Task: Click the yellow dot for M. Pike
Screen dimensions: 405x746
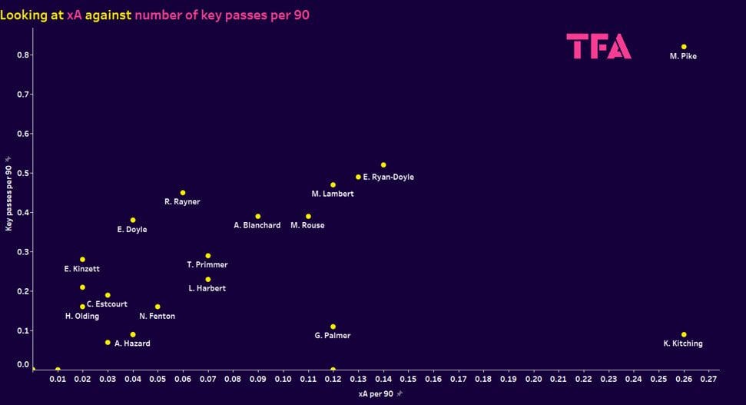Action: tap(684, 47)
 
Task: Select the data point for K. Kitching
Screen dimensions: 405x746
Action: tap(684, 334)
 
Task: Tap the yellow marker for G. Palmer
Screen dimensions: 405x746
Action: tap(333, 327)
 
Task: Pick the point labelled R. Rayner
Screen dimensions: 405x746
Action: tap(183, 193)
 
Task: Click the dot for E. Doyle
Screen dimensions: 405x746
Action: tap(133, 221)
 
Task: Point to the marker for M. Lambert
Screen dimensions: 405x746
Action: tap(333, 185)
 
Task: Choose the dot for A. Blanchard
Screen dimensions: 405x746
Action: tap(258, 217)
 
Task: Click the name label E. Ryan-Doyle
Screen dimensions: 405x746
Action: tap(388, 177)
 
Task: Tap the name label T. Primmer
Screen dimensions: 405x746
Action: tap(207, 265)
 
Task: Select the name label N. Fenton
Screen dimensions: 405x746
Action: tap(157, 316)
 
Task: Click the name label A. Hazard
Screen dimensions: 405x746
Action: tap(132, 344)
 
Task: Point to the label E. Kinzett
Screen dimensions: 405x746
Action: tap(82, 269)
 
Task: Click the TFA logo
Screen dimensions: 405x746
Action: tap(599, 47)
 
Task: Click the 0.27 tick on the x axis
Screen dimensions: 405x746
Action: tap(708, 380)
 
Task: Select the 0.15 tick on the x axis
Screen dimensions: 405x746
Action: tap(408, 380)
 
